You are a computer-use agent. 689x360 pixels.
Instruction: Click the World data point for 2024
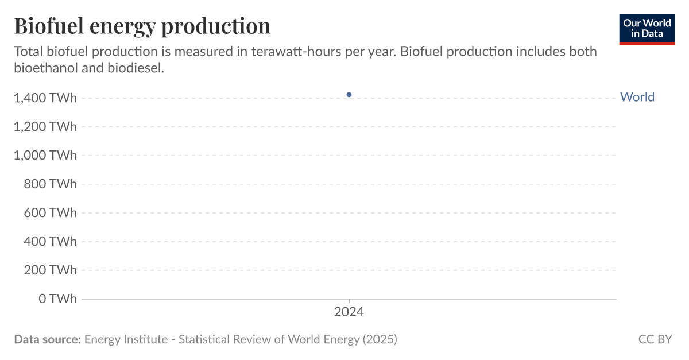click(349, 95)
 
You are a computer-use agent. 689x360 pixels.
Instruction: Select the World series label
click(637, 97)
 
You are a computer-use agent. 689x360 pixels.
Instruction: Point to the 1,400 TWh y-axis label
click(45, 98)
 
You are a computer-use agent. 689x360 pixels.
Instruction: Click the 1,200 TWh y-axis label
click(45, 127)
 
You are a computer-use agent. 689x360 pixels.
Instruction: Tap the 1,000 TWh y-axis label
click(45, 156)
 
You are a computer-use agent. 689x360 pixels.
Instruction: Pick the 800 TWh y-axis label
click(50, 184)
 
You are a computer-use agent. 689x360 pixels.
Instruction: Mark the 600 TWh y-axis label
click(50, 213)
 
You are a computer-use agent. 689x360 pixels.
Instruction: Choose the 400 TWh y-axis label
click(50, 242)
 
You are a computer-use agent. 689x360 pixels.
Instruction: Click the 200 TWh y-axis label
click(50, 270)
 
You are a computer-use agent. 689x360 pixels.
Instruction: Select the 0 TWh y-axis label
click(57, 299)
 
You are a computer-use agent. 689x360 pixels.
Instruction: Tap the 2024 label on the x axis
click(349, 312)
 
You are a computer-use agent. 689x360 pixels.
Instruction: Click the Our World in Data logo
click(647, 29)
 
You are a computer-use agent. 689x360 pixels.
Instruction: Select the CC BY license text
click(655, 339)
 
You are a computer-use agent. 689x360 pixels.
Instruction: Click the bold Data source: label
click(47, 339)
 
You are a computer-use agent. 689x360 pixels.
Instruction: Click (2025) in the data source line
click(380, 339)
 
